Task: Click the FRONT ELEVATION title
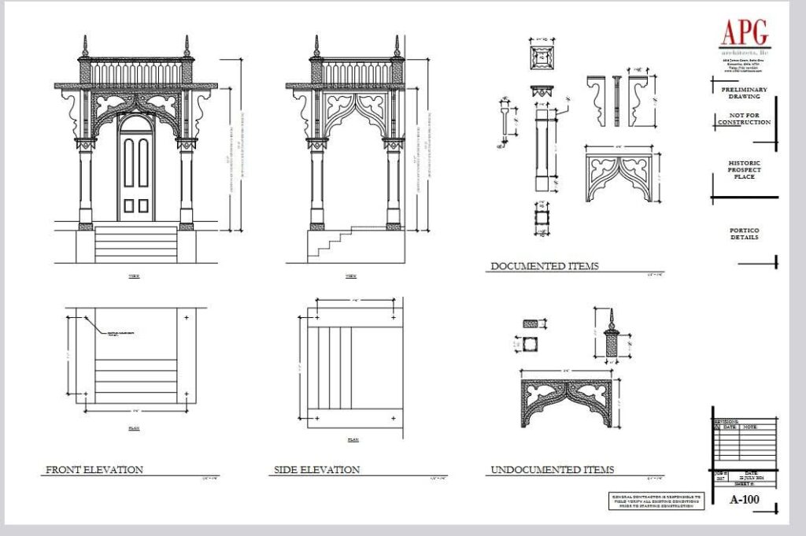tap(94, 470)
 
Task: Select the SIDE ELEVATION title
tap(316, 470)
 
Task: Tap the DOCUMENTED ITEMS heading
tap(544, 266)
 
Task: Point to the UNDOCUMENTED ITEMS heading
tap(552, 470)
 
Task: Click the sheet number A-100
tap(744, 499)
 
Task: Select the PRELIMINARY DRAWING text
tap(744, 93)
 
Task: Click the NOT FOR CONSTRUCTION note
tap(744, 119)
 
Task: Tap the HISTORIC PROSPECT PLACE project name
tap(744, 169)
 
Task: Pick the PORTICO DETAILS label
tap(744, 233)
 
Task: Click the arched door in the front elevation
tap(135, 168)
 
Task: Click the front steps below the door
tap(135, 243)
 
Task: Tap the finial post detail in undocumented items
tap(611, 335)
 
